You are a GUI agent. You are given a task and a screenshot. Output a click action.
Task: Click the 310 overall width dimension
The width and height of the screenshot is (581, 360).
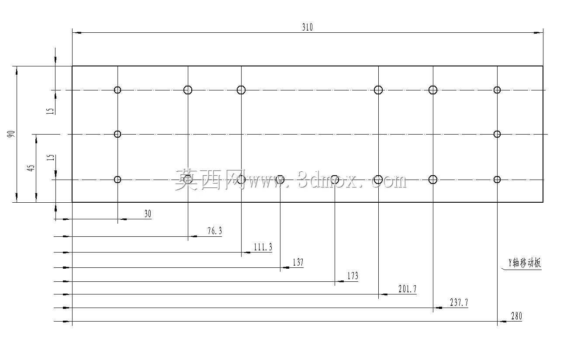coord(308,27)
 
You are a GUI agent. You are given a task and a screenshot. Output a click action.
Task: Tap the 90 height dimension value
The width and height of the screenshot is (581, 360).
coord(11,134)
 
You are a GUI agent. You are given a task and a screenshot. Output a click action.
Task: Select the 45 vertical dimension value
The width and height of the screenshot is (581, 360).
coord(31,168)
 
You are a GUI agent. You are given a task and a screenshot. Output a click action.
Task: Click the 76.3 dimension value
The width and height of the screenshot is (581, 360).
coord(215,231)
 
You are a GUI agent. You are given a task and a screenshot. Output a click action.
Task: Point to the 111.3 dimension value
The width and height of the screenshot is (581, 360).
coord(263,247)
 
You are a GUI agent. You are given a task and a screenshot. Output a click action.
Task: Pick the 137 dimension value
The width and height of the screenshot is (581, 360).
coord(298,262)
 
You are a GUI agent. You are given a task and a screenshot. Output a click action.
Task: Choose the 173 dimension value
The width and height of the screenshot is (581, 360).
coord(353,276)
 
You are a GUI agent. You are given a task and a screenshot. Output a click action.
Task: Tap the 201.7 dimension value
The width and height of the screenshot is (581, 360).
coord(408,289)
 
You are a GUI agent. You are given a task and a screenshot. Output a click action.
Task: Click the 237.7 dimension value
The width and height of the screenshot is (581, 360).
coord(459,302)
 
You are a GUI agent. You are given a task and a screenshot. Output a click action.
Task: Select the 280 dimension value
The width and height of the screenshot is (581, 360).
coord(516,316)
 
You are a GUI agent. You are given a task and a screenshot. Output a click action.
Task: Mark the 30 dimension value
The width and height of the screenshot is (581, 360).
coord(148,214)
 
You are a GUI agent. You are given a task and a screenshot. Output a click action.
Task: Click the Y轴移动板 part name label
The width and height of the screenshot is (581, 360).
coord(525,263)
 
